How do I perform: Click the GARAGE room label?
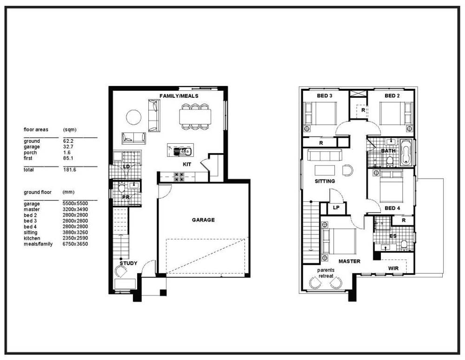(203, 220)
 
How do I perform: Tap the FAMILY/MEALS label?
(179, 96)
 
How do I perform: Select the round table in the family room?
(133, 117)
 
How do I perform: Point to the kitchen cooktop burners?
(179, 177)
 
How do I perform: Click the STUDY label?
(128, 263)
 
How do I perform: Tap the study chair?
(121, 271)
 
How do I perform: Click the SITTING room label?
(325, 181)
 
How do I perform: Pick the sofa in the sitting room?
(325, 154)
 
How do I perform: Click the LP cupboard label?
(336, 207)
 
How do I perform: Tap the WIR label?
(393, 268)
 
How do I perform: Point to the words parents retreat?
(325, 273)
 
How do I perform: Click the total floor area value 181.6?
(69, 170)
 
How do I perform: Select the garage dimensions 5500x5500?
(75, 204)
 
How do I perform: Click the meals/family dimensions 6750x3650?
(75, 244)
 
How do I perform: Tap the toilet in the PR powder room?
(121, 188)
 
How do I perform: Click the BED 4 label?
(392, 208)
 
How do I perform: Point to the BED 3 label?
(325, 95)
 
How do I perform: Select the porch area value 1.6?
(66, 153)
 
